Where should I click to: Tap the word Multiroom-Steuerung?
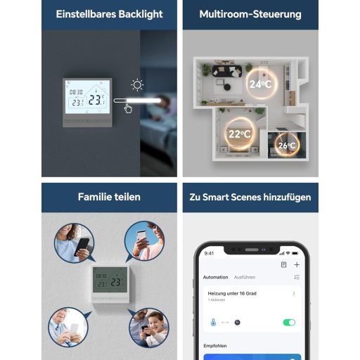(x=250, y=14)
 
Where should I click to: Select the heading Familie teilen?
(x=109, y=197)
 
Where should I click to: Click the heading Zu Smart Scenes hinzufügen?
(x=250, y=197)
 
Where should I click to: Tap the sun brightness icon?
(x=137, y=86)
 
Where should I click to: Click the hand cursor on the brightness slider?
(x=128, y=108)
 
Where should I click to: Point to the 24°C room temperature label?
(x=259, y=84)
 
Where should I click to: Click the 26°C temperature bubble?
(x=287, y=146)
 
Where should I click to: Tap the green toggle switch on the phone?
(x=288, y=322)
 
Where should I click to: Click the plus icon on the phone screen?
(x=297, y=264)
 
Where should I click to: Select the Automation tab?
(x=215, y=277)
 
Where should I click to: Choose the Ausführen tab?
(x=245, y=277)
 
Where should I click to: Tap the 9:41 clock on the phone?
(x=210, y=253)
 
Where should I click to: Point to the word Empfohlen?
(x=214, y=345)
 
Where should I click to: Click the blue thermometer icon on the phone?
(x=212, y=322)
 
